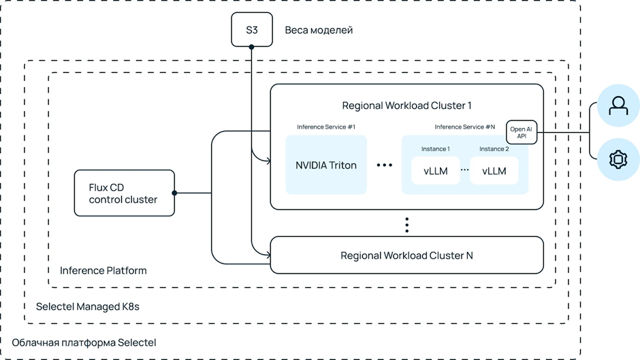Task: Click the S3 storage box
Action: (252, 30)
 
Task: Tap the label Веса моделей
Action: (319, 30)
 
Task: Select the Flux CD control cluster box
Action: (124, 193)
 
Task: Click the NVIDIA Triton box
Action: (326, 165)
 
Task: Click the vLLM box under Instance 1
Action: (436, 171)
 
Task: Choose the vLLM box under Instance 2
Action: (494, 171)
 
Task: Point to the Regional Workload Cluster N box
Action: (406, 255)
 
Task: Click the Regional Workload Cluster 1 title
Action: (406, 105)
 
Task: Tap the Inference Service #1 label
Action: (326, 127)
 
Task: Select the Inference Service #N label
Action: (465, 127)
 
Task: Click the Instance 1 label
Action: (436, 149)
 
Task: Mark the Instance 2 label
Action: (494, 149)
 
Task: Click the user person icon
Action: (618, 107)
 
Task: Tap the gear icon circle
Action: (618, 160)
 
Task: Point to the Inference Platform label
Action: (103, 271)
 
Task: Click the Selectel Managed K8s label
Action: (88, 307)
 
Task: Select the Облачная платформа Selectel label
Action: (84, 342)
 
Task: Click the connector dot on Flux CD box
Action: (175, 193)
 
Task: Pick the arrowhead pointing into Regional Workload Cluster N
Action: (268, 255)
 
